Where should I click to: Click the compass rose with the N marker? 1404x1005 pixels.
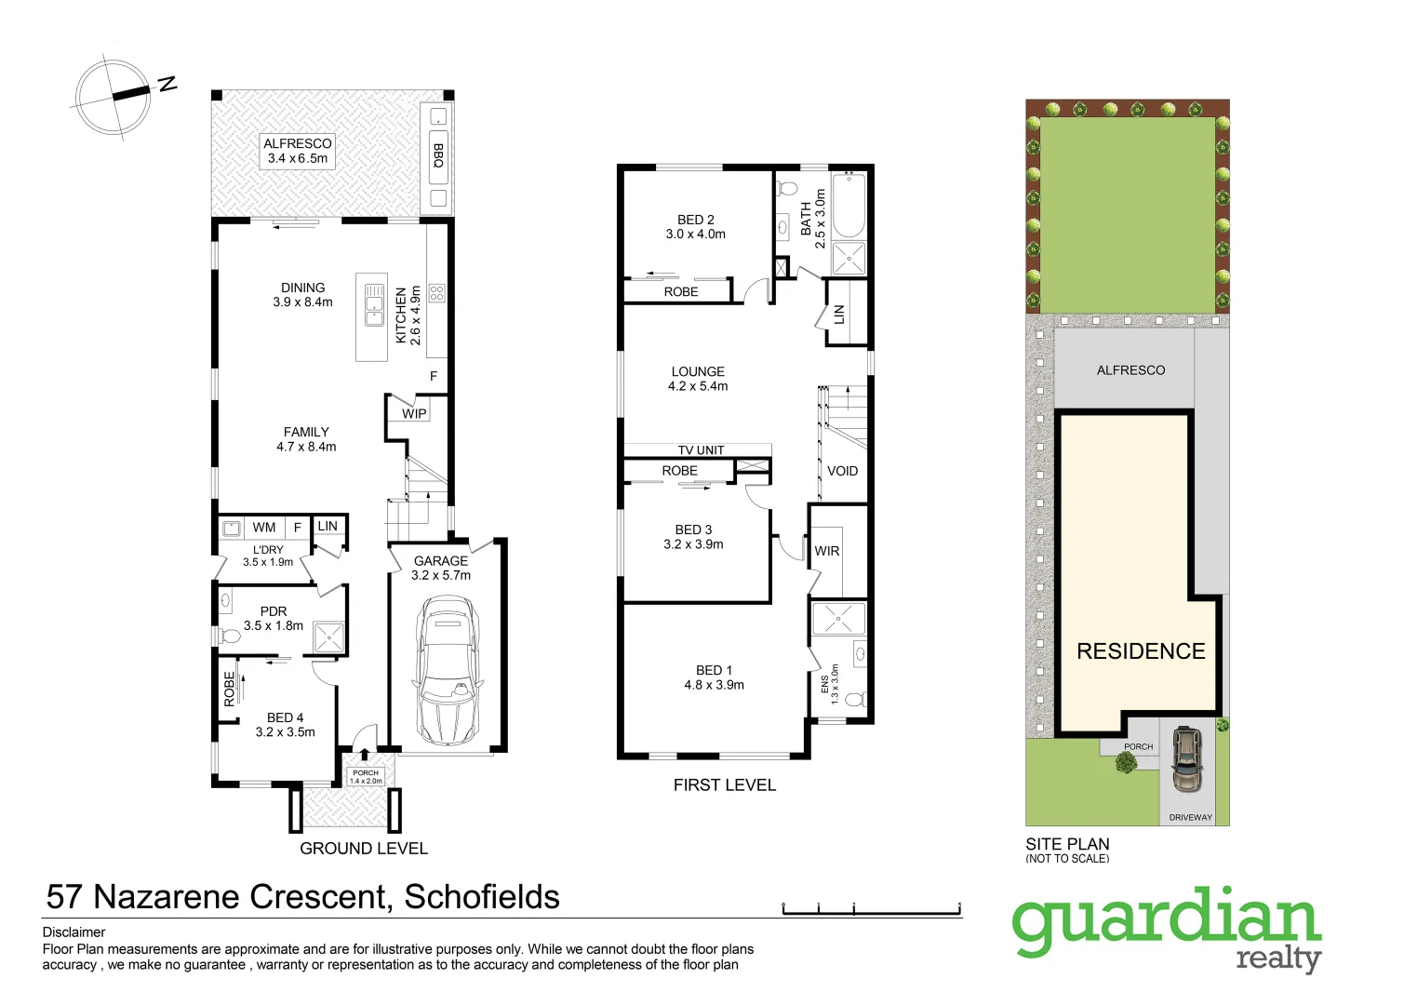click(114, 96)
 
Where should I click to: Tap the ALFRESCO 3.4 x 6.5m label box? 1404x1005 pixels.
click(297, 151)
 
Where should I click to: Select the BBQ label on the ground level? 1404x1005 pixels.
click(438, 155)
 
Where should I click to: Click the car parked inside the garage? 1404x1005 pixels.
click(448, 670)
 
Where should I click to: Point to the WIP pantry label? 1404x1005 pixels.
click(414, 413)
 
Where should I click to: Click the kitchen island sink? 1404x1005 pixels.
click(374, 303)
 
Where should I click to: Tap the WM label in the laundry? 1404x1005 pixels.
click(264, 528)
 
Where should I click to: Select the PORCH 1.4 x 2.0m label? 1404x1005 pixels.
click(366, 776)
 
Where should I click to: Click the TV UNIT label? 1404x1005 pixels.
click(701, 450)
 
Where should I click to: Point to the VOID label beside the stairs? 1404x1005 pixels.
click(842, 471)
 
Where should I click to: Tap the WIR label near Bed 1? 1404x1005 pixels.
click(827, 551)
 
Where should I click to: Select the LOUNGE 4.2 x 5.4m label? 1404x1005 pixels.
click(698, 379)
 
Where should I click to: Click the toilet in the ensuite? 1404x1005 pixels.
click(858, 699)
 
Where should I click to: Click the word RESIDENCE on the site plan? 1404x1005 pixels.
click(1141, 651)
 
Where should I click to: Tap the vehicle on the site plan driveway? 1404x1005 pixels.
click(1185, 758)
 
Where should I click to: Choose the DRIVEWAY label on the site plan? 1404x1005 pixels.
click(1190, 818)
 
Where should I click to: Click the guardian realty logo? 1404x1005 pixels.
click(1167, 928)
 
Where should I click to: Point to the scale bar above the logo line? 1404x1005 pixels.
click(871, 910)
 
